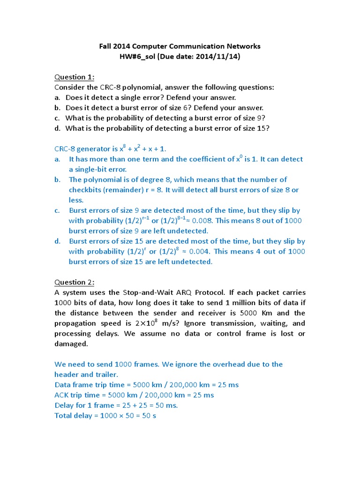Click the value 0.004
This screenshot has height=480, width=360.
200,252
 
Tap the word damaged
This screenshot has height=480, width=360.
71,344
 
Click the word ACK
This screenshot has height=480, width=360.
62,395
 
